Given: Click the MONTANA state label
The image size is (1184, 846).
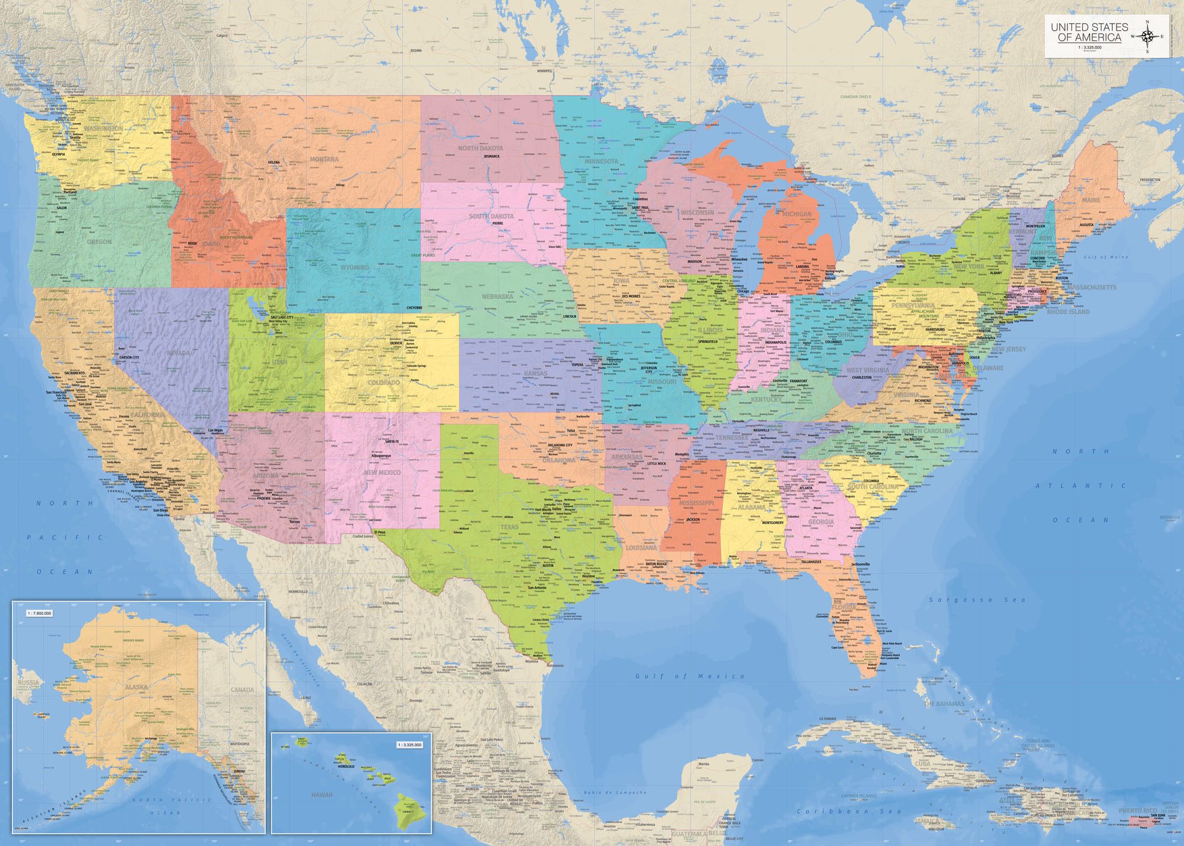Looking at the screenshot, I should [324, 159].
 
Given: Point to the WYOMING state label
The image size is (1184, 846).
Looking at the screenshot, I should [355, 267].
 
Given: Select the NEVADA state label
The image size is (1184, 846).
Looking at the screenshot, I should [178, 353].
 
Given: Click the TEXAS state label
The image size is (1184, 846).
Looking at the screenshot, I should [509, 527].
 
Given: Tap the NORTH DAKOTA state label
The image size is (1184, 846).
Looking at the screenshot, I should [480, 148].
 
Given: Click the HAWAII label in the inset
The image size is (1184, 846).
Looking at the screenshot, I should [321, 794].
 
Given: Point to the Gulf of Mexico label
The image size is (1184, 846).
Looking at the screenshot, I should [690, 676].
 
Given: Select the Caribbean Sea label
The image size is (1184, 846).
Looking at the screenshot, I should [850, 811].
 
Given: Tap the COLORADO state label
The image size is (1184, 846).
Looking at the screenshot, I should [384, 383].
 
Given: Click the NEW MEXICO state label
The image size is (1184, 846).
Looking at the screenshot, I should [382, 473].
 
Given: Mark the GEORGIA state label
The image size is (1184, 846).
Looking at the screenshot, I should [821, 522].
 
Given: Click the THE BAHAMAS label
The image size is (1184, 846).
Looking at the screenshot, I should [944, 704].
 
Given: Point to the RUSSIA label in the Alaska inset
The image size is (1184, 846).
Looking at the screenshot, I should [28, 683].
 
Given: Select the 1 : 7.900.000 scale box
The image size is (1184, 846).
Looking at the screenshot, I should [39, 613].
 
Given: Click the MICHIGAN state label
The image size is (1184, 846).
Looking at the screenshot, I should [797, 214].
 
